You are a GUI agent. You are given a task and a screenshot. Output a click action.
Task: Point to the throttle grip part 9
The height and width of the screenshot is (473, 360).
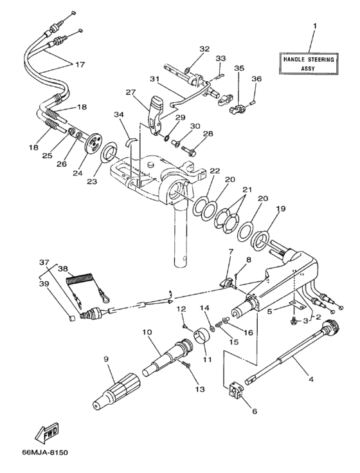(x=116, y=389)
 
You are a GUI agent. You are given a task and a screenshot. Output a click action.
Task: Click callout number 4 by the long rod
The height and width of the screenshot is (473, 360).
(x=311, y=380)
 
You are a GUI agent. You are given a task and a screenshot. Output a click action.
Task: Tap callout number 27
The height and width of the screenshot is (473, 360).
(x=131, y=92)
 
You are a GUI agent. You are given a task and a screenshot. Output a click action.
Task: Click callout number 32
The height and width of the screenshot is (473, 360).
(x=204, y=49)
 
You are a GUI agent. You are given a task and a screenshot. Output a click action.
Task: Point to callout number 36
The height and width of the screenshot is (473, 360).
(x=257, y=79)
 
